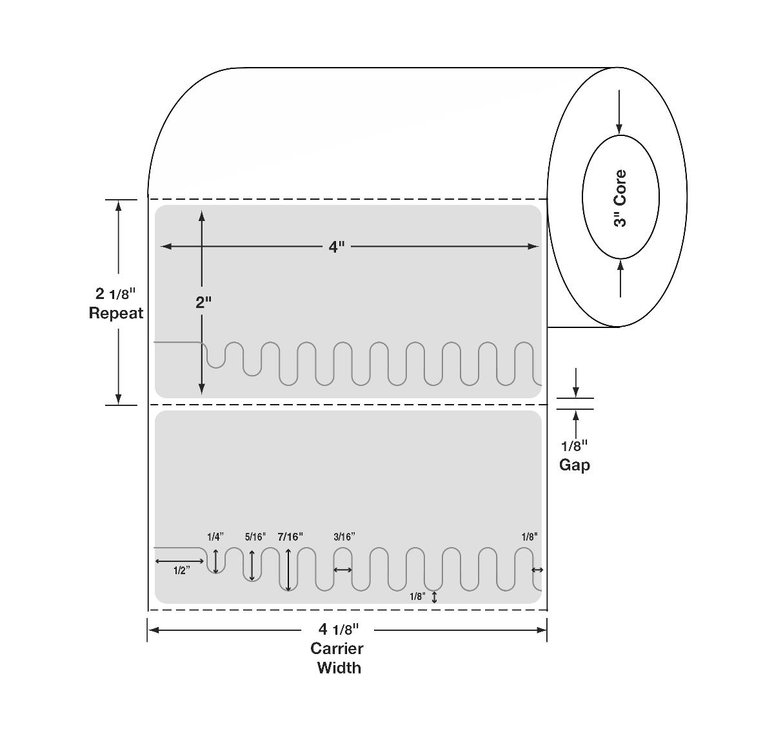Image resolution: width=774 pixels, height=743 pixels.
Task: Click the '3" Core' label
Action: click(x=620, y=198)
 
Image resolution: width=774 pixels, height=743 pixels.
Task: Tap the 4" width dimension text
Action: click(x=337, y=247)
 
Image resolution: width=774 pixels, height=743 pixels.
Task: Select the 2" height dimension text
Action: click(x=204, y=302)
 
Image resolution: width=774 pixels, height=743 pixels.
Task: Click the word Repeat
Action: click(x=116, y=313)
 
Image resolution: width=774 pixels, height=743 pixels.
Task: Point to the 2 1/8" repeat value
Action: click(x=116, y=294)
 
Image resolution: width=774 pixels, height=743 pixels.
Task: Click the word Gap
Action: click(x=574, y=465)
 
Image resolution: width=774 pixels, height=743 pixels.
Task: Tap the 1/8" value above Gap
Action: click(x=574, y=445)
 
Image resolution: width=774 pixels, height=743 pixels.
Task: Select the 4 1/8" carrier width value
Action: click(x=339, y=629)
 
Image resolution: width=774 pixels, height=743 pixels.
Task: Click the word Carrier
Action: click(x=337, y=648)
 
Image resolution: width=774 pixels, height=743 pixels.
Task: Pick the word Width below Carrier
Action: click(x=339, y=668)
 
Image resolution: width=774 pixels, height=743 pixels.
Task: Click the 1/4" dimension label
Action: click(x=215, y=537)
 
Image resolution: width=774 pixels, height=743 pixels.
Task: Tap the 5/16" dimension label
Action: click(x=255, y=537)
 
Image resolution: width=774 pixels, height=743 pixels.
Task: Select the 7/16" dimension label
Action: click(x=290, y=537)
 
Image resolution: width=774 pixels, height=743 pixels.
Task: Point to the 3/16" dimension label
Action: click(x=344, y=537)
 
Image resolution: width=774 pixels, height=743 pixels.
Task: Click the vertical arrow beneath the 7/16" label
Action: click(x=288, y=570)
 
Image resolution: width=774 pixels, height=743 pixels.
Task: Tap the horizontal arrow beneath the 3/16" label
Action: click(x=342, y=570)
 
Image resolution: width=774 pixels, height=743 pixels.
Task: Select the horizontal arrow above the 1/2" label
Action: click(x=179, y=562)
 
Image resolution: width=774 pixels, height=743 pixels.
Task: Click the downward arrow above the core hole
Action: click(x=619, y=111)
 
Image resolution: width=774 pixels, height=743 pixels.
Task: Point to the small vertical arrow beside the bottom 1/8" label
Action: click(x=434, y=597)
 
